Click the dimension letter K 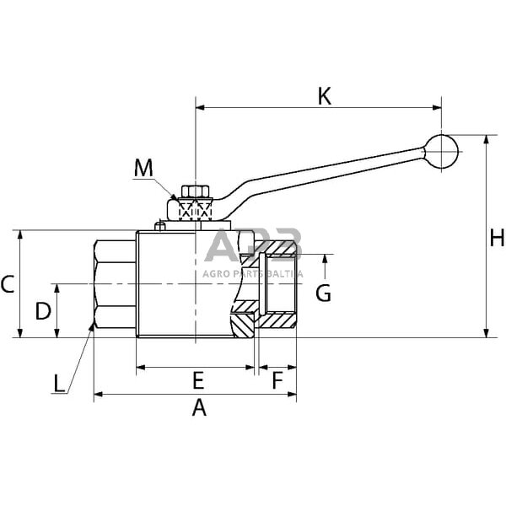point(325,95)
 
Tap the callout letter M point(144,168)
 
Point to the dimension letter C point(8,284)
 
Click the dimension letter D point(42,311)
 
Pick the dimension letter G point(323,293)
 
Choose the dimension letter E point(199,378)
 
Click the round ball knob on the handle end point(441,151)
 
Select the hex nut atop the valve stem point(195,192)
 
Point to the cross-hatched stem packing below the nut point(195,210)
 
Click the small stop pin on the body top point(159,226)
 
